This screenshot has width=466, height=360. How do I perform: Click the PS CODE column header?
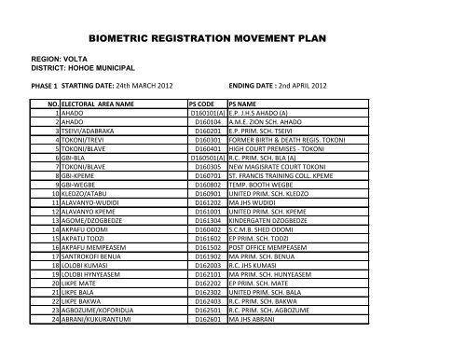click(x=202, y=104)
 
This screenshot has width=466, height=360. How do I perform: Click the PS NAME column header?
click(x=244, y=104)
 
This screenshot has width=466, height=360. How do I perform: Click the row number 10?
click(x=55, y=191)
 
